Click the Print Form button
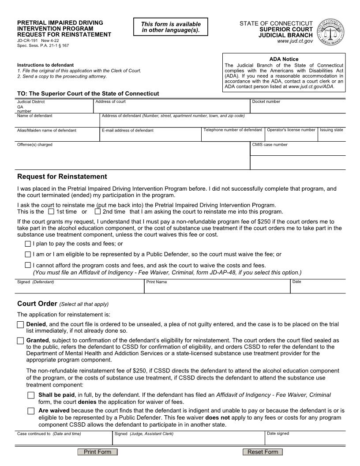tap(97, 452)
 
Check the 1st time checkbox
tap(51, 211)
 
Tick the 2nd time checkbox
tap(97, 211)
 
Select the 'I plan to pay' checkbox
tap(28, 244)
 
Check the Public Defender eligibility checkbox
tap(28, 255)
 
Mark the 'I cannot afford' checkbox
tap(28, 266)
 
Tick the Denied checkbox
tap(20, 325)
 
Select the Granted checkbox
tap(20, 341)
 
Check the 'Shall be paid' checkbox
tap(31, 395)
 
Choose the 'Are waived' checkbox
tap(31, 411)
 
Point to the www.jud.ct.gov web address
tap(295, 41)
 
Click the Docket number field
tap(298, 108)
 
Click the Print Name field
tap(217, 289)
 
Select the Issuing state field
tap(332, 136)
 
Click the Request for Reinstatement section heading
tap(62, 177)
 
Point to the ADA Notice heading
tap(284, 59)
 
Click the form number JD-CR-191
tap(27, 40)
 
